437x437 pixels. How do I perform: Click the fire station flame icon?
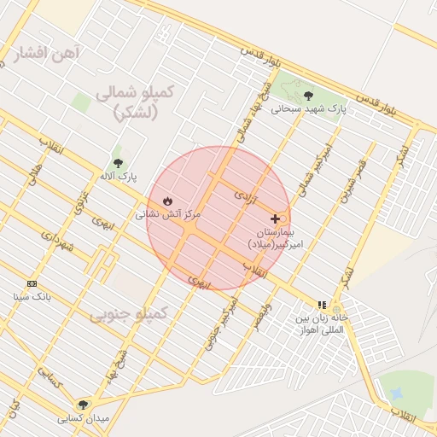166,201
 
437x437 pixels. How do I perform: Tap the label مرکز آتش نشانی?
167,215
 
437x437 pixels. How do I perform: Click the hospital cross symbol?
275,218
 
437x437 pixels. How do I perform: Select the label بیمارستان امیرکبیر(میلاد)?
275,238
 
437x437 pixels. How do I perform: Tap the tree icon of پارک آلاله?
118,163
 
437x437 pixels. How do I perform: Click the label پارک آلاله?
118,177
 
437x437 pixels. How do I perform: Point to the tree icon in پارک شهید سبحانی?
308,96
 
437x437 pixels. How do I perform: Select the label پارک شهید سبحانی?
310,109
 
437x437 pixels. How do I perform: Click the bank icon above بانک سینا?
32,283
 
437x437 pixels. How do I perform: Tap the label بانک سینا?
32,297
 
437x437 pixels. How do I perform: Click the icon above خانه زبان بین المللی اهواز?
322,304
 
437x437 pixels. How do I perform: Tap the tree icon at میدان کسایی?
83,405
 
